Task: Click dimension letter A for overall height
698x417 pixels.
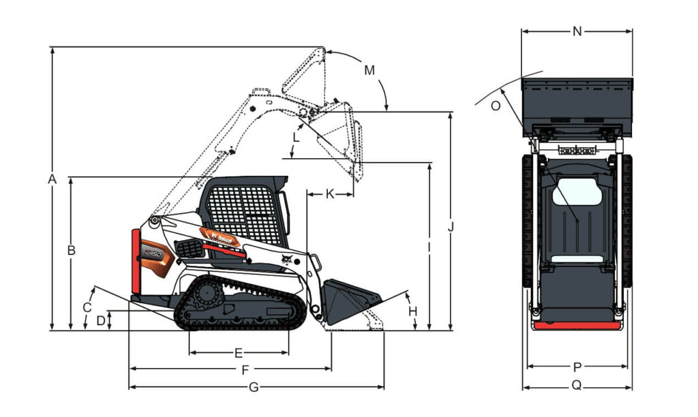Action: click(x=51, y=179)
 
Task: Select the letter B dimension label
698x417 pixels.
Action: click(x=71, y=250)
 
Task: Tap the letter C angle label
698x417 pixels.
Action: click(x=87, y=307)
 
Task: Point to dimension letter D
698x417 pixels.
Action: click(x=101, y=320)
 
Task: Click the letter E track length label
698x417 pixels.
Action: click(x=239, y=353)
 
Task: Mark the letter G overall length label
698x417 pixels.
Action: click(x=254, y=387)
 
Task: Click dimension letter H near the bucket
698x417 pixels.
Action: click(x=412, y=311)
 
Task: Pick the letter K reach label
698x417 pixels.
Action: click(x=330, y=194)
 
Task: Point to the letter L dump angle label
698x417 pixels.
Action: click(x=295, y=137)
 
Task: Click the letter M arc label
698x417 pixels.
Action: click(x=369, y=70)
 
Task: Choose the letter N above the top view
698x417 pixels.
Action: click(x=577, y=31)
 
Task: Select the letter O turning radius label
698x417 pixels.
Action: click(x=496, y=105)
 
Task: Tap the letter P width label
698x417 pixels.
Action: click(x=577, y=367)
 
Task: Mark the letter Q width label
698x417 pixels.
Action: click(x=577, y=385)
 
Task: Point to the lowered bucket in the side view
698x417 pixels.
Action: click(x=349, y=300)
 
